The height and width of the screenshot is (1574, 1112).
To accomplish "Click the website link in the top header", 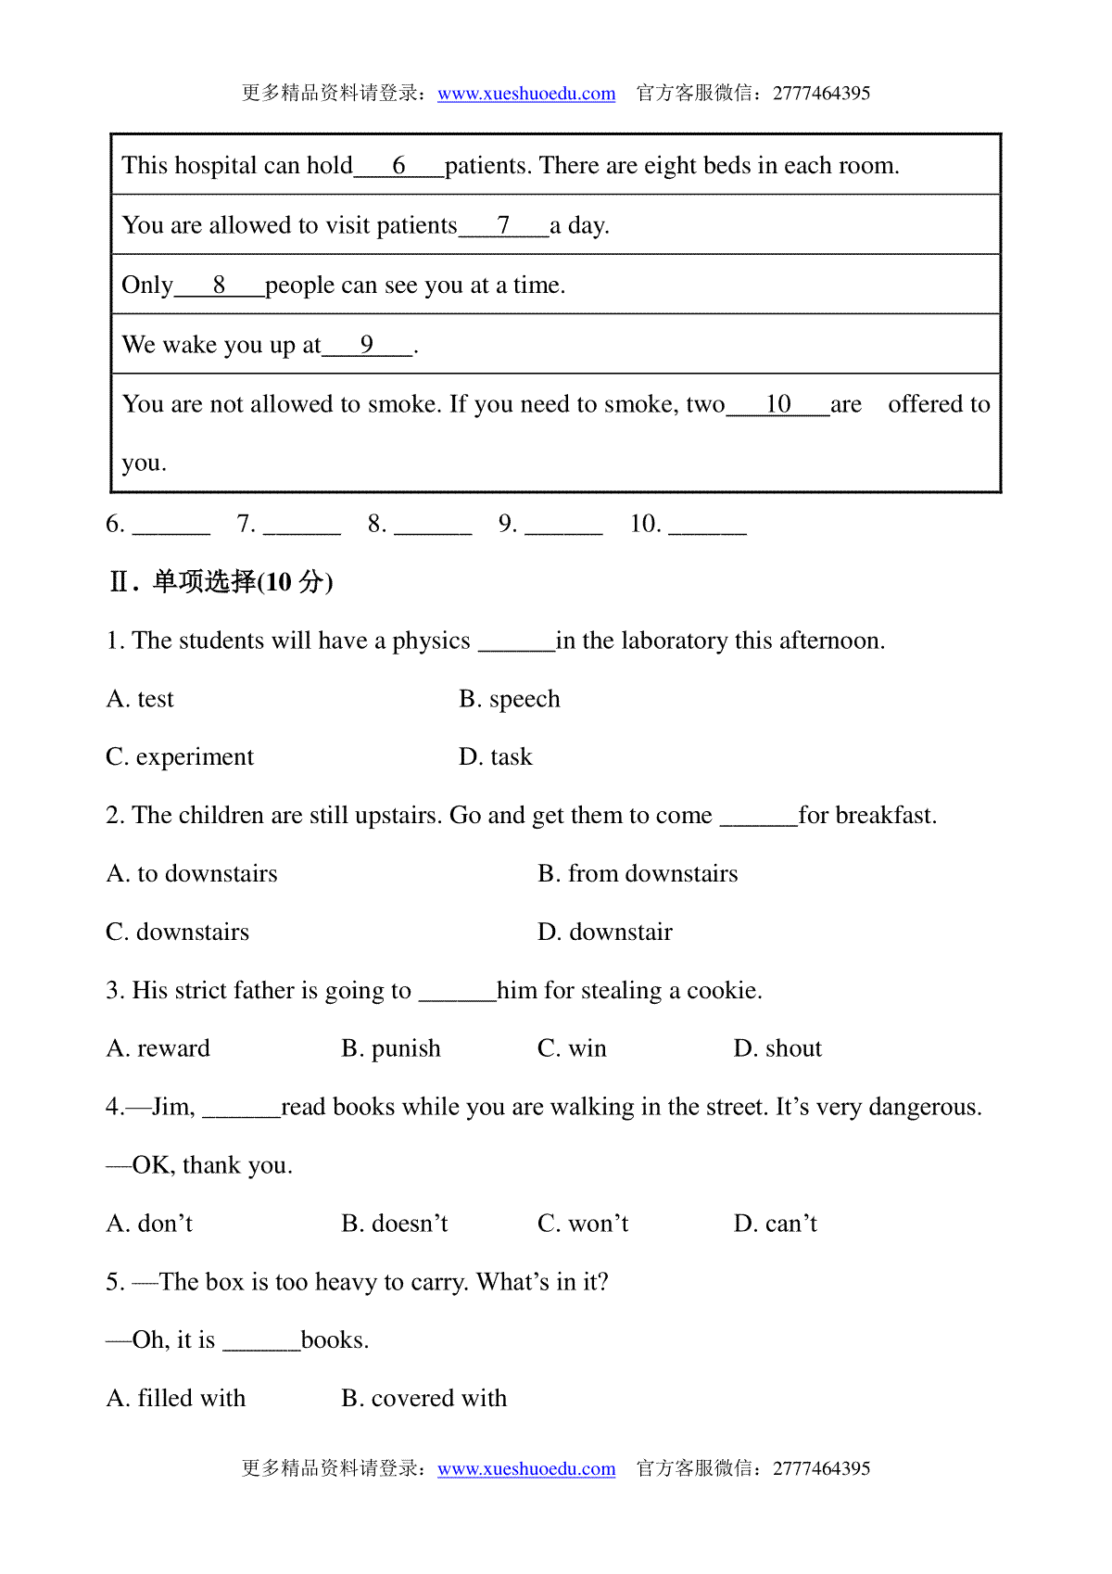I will [526, 94].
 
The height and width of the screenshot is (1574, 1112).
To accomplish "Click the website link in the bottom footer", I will [526, 1469].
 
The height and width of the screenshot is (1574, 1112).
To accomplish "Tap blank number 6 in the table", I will [399, 166].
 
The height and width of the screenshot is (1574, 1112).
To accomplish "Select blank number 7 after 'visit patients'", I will [503, 225].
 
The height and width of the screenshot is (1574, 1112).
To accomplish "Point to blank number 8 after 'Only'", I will [219, 286].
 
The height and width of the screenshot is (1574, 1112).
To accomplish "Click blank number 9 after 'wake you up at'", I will [367, 345].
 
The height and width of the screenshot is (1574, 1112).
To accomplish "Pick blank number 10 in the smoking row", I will [777, 404].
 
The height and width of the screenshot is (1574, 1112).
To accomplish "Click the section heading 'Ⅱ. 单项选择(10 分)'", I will [221, 582].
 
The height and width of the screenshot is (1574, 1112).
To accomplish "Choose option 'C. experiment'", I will [180, 757].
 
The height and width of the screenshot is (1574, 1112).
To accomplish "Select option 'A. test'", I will [140, 699].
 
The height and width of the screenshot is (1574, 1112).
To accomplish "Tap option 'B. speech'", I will [510, 699].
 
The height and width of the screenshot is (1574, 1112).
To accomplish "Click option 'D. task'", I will [496, 757].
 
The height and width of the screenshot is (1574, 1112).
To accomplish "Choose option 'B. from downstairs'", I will [638, 874].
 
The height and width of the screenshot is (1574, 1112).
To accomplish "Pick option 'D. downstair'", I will [605, 933].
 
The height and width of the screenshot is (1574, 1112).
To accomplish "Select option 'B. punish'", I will [391, 1049].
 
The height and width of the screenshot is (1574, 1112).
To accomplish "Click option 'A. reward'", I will [158, 1049].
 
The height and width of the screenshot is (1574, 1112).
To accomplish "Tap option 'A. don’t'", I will [150, 1225].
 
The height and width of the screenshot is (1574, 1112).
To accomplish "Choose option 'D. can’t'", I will [776, 1225].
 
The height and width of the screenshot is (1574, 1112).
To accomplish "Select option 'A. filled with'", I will [176, 1399].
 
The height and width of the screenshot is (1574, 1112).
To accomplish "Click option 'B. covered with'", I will [424, 1399].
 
